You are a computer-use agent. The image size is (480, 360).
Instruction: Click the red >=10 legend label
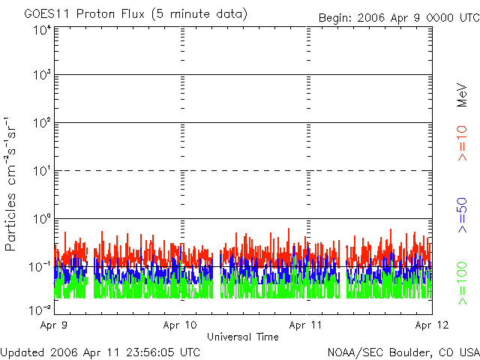(463, 142)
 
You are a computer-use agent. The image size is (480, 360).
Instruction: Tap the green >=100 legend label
(463, 282)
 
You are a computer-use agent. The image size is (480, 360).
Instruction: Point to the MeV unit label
(463, 96)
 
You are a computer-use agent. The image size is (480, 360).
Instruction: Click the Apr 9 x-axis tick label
(54, 325)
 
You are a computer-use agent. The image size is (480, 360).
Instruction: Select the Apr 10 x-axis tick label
(181, 325)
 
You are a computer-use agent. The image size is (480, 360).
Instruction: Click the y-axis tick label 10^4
(41, 29)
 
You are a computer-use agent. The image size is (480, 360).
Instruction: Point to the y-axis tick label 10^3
(41, 75)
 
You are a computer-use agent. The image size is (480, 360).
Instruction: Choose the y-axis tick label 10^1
(41, 171)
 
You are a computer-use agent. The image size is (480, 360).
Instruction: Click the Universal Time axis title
(243, 337)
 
